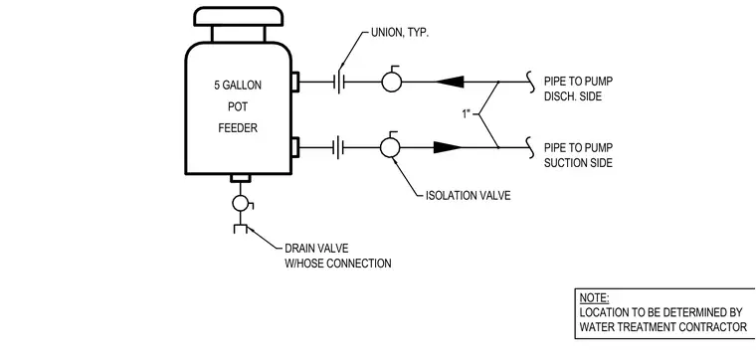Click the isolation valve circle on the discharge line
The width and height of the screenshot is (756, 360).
click(392, 82)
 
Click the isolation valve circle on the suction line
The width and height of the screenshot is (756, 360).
click(390, 147)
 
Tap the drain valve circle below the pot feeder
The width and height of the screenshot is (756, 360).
click(240, 204)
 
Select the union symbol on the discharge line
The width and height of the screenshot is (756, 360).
click(340, 82)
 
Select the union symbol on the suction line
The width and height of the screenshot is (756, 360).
click(340, 147)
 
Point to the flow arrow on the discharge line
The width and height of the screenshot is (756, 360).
click(451, 82)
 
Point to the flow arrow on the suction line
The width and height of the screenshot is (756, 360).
click(448, 147)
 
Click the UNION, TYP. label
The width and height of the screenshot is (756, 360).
click(400, 33)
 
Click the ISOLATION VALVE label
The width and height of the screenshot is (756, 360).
click(468, 196)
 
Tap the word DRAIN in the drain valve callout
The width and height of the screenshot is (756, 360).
click(299, 249)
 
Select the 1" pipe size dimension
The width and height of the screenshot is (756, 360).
click(466, 114)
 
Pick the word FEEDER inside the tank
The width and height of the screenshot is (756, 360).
click(238, 128)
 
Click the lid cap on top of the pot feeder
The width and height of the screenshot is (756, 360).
click(238, 16)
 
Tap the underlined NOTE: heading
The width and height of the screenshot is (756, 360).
click(594, 297)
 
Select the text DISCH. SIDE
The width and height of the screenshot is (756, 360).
click(573, 96)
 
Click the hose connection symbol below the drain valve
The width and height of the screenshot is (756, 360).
click(240, 229)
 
